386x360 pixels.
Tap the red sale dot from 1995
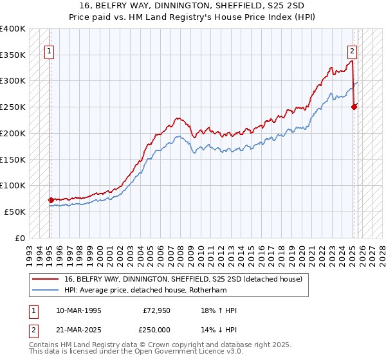point(51,200)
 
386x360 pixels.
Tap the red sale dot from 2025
point(354,107)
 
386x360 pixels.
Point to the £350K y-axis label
point(12,55)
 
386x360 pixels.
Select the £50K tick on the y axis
point(15,212)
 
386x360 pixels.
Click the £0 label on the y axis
point(20,238)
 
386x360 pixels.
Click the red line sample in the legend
point(46,279)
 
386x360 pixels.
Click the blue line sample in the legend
point(46,290)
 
